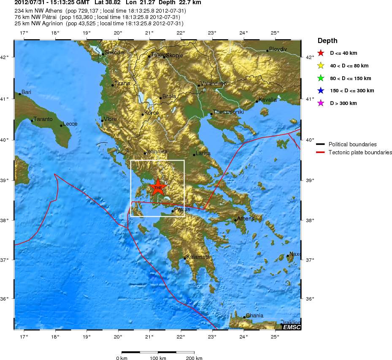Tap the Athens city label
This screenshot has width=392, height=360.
(246, 218)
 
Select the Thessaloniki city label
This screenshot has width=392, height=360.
(228, 112)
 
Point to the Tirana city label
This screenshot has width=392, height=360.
(122, 83)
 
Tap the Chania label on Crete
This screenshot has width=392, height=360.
(254, 315)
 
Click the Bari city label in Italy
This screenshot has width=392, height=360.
(26, 92)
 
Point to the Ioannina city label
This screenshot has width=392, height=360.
(157, 151)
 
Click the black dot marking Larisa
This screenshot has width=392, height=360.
(194, 155)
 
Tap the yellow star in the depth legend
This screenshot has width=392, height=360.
(321, 65)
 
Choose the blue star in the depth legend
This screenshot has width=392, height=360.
(321, 91)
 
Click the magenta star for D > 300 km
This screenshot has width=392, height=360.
(321, 103)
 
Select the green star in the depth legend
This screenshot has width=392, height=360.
(321, 78)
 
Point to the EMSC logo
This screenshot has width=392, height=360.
(292, 327)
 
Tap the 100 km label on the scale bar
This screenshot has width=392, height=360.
(158, 357)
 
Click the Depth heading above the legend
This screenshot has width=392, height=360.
(327, 40)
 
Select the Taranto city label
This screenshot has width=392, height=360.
(43, 119)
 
